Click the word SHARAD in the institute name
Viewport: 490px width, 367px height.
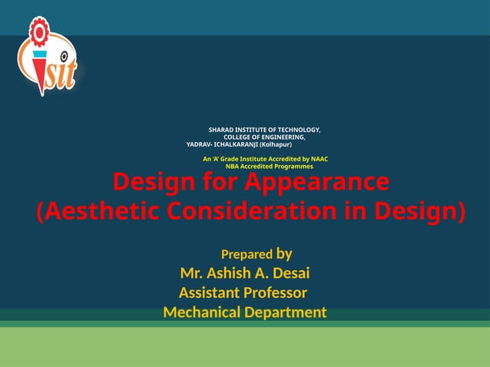(x=222, y=130)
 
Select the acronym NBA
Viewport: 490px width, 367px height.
(x=232, y=167)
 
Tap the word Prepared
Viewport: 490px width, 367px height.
(x=247, y=254)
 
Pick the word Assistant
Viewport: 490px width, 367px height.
(x=209, y=293)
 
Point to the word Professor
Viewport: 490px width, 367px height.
(x=275, y=293)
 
